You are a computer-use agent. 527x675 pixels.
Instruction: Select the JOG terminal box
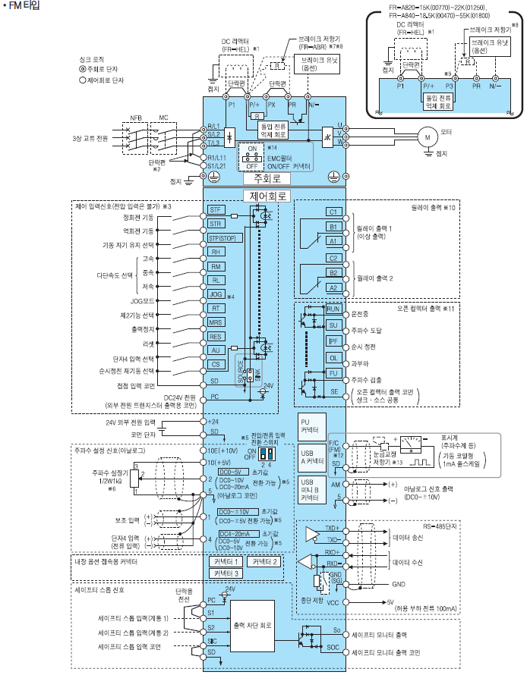click(216, 294)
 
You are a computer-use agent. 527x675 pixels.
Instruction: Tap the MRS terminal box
click(216, 322)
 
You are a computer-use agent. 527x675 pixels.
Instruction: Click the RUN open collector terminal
click(333, 309)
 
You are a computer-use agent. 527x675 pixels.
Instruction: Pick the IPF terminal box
click(333, 342)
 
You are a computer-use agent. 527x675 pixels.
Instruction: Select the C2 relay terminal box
click(333, 258)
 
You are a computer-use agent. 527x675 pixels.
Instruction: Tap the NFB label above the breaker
click(136, 118)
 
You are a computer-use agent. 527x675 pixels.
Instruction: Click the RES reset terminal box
click(216, 336)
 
